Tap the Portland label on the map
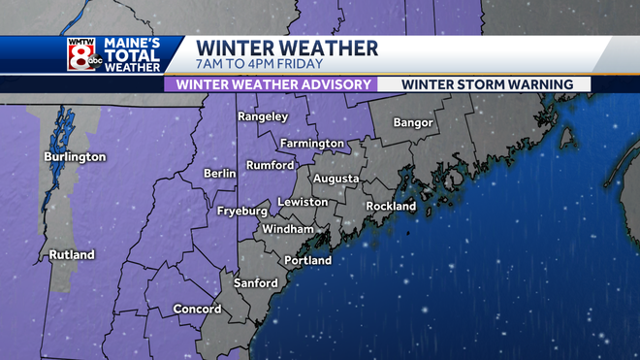point(307,260)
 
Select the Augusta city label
point(336,179)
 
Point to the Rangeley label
point(263,116)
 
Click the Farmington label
point(312,143)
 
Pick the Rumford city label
point(270,165)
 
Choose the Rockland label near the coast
point(391,206)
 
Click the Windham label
point(288,229)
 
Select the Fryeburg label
point(241,210)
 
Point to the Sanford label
point(256,283)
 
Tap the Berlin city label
point(220,173)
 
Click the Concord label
point(197,309)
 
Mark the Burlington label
point(75,156)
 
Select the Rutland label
point(73,255)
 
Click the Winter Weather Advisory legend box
point(270,84)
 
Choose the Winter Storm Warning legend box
point(485,84)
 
